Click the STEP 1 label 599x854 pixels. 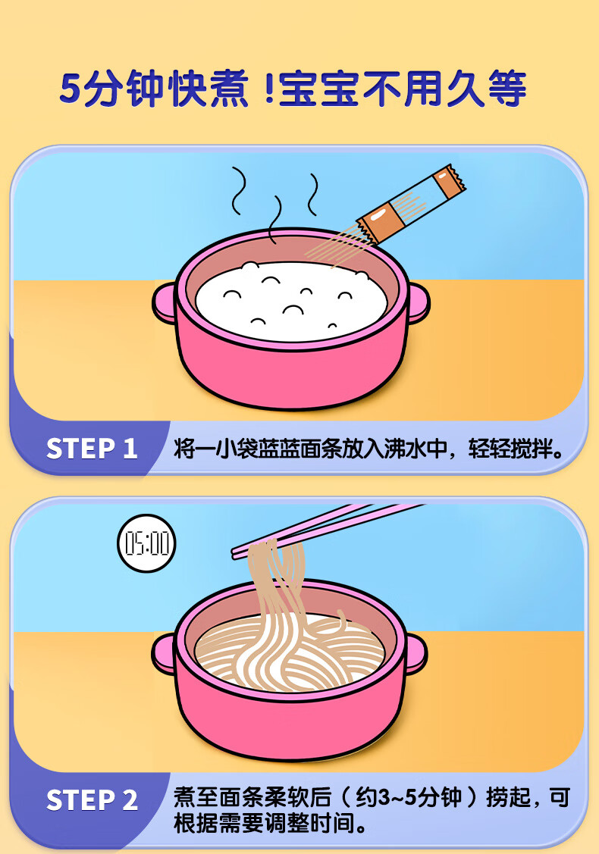[92, 449]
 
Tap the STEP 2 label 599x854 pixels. [92, 800]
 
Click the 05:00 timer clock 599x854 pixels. [146, 543]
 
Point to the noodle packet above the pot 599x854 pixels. [412, 205]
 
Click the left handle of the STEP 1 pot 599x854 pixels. [163, 303]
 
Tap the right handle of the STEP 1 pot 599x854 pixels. [418, 303]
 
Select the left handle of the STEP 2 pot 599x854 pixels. [163, 653]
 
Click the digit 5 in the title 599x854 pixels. [71, 88]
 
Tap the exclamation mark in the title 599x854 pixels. [268, 88]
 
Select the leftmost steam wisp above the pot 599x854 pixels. [238, 191]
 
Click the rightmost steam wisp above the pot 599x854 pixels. [313, 195]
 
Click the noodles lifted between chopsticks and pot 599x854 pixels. [278, 588]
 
